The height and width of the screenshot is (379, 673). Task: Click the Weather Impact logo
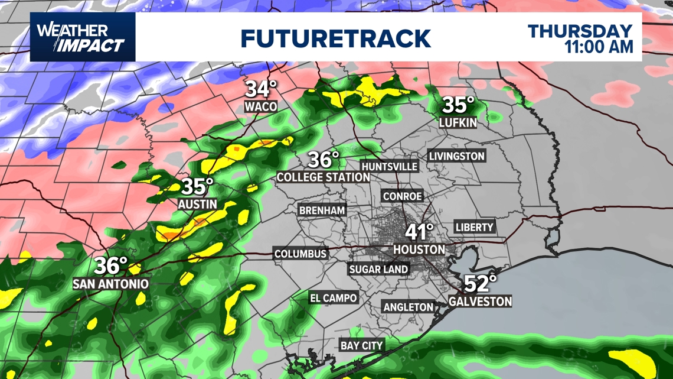coord(81,37)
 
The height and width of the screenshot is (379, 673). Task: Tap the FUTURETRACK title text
coord(335,38)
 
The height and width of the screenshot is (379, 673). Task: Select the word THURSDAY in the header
coord(580,31)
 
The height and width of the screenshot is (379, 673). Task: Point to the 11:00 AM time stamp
coord(599,46)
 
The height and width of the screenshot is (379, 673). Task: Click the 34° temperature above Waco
coord(261,89)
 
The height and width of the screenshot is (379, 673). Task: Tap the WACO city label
coord(261,106)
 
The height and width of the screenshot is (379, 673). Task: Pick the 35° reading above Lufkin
coord(458,105)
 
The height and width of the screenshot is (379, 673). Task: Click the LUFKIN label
coord(458,122)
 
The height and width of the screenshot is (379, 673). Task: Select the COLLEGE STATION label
coord(324,177)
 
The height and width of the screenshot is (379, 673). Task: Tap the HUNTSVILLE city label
coord(390,167)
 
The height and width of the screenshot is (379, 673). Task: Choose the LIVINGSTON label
coord(457,156)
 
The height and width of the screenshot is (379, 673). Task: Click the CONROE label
coord(403,196)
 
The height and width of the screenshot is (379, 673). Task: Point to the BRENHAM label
coord(322,210)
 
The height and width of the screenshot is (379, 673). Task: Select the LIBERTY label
coord(474,227)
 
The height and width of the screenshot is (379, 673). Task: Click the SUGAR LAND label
coord(378,269)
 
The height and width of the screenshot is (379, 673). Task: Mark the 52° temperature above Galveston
coord(479,284)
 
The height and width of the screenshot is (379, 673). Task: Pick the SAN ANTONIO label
coord(110,284)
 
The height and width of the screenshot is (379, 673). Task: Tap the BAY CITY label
coord(361,345)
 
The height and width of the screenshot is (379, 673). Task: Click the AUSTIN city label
coord(197,204)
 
